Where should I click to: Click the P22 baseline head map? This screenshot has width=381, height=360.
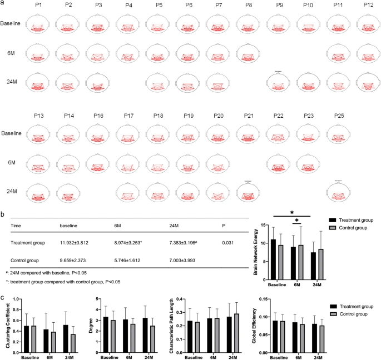[278, 135]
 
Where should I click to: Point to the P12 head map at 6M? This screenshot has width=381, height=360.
[368, 53]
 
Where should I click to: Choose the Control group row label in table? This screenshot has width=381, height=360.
[28, 260]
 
